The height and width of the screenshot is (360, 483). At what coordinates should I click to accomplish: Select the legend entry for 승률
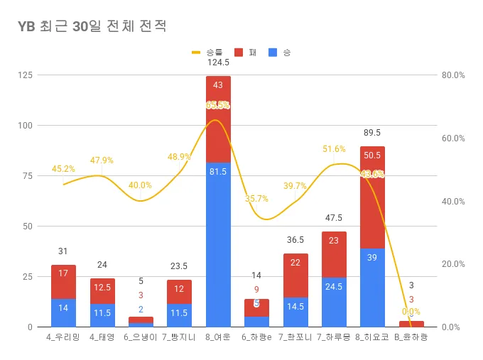(x=206, y=52)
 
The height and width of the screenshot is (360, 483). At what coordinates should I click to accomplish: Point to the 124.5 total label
(x=218, y=62)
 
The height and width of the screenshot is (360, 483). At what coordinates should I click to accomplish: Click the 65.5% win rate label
(x=217, y=105)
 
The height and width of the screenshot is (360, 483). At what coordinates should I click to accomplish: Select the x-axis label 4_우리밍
(x=63, y=337)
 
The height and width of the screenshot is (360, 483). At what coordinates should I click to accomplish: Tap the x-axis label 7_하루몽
(x=334, y=337)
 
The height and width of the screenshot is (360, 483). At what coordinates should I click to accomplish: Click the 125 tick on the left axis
(x=26, y=75)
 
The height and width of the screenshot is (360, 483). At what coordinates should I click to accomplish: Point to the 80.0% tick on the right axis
(x=452, y=75)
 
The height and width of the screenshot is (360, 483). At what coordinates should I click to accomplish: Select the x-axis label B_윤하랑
(x=411, y=337)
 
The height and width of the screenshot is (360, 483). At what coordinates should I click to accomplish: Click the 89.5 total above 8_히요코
(x=372, y=133)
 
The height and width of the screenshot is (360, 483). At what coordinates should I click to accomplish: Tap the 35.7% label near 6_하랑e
(x=256, y=199)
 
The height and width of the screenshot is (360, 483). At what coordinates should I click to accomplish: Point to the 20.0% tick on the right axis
(x=452, y=264)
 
